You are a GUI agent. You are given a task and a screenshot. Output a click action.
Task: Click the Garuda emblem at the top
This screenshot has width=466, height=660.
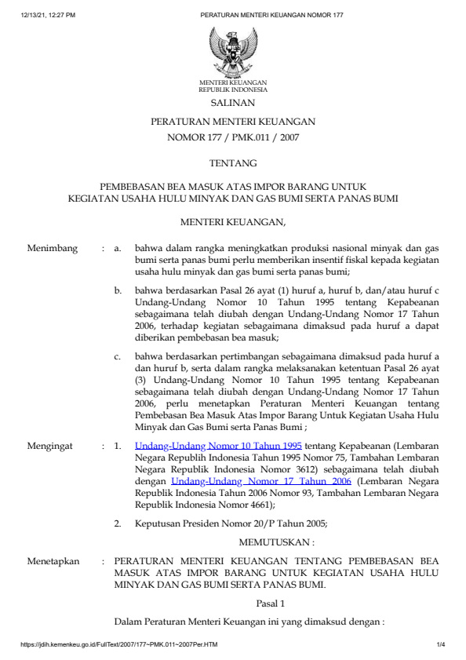(x=232, y=49)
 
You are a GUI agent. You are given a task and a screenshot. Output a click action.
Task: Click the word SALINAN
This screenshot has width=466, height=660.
(x=232, y=103)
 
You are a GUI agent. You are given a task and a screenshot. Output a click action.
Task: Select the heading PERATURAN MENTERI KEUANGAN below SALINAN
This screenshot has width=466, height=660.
(x=232, y=122)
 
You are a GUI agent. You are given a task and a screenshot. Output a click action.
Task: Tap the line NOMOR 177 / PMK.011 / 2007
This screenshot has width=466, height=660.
(x=232, y=137)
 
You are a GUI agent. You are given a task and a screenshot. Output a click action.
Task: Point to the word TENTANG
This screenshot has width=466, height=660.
(x=232, y=163)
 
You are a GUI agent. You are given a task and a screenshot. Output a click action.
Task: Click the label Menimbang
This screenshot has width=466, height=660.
(x=53, y=249)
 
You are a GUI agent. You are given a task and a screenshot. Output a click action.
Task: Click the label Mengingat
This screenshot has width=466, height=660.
(x=52, y=446)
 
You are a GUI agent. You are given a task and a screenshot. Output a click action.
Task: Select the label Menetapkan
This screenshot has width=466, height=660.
(x=53, y=562)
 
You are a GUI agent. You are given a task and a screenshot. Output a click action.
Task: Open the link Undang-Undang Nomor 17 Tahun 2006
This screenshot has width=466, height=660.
(x=262, y=482)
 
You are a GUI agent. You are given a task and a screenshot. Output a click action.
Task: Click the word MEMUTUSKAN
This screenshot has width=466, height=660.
(x=276, y=542)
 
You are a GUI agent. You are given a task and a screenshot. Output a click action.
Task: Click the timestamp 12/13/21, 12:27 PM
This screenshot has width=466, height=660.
(x=49, y=15)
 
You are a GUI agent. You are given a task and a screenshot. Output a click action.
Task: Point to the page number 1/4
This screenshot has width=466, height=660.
(x=440, y=645)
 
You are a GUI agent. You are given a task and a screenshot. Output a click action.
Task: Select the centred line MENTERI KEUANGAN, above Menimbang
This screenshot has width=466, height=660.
(x=232, y=223)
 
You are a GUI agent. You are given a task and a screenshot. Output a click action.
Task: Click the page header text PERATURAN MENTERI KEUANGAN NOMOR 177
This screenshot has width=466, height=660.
(x=271, y=15)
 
